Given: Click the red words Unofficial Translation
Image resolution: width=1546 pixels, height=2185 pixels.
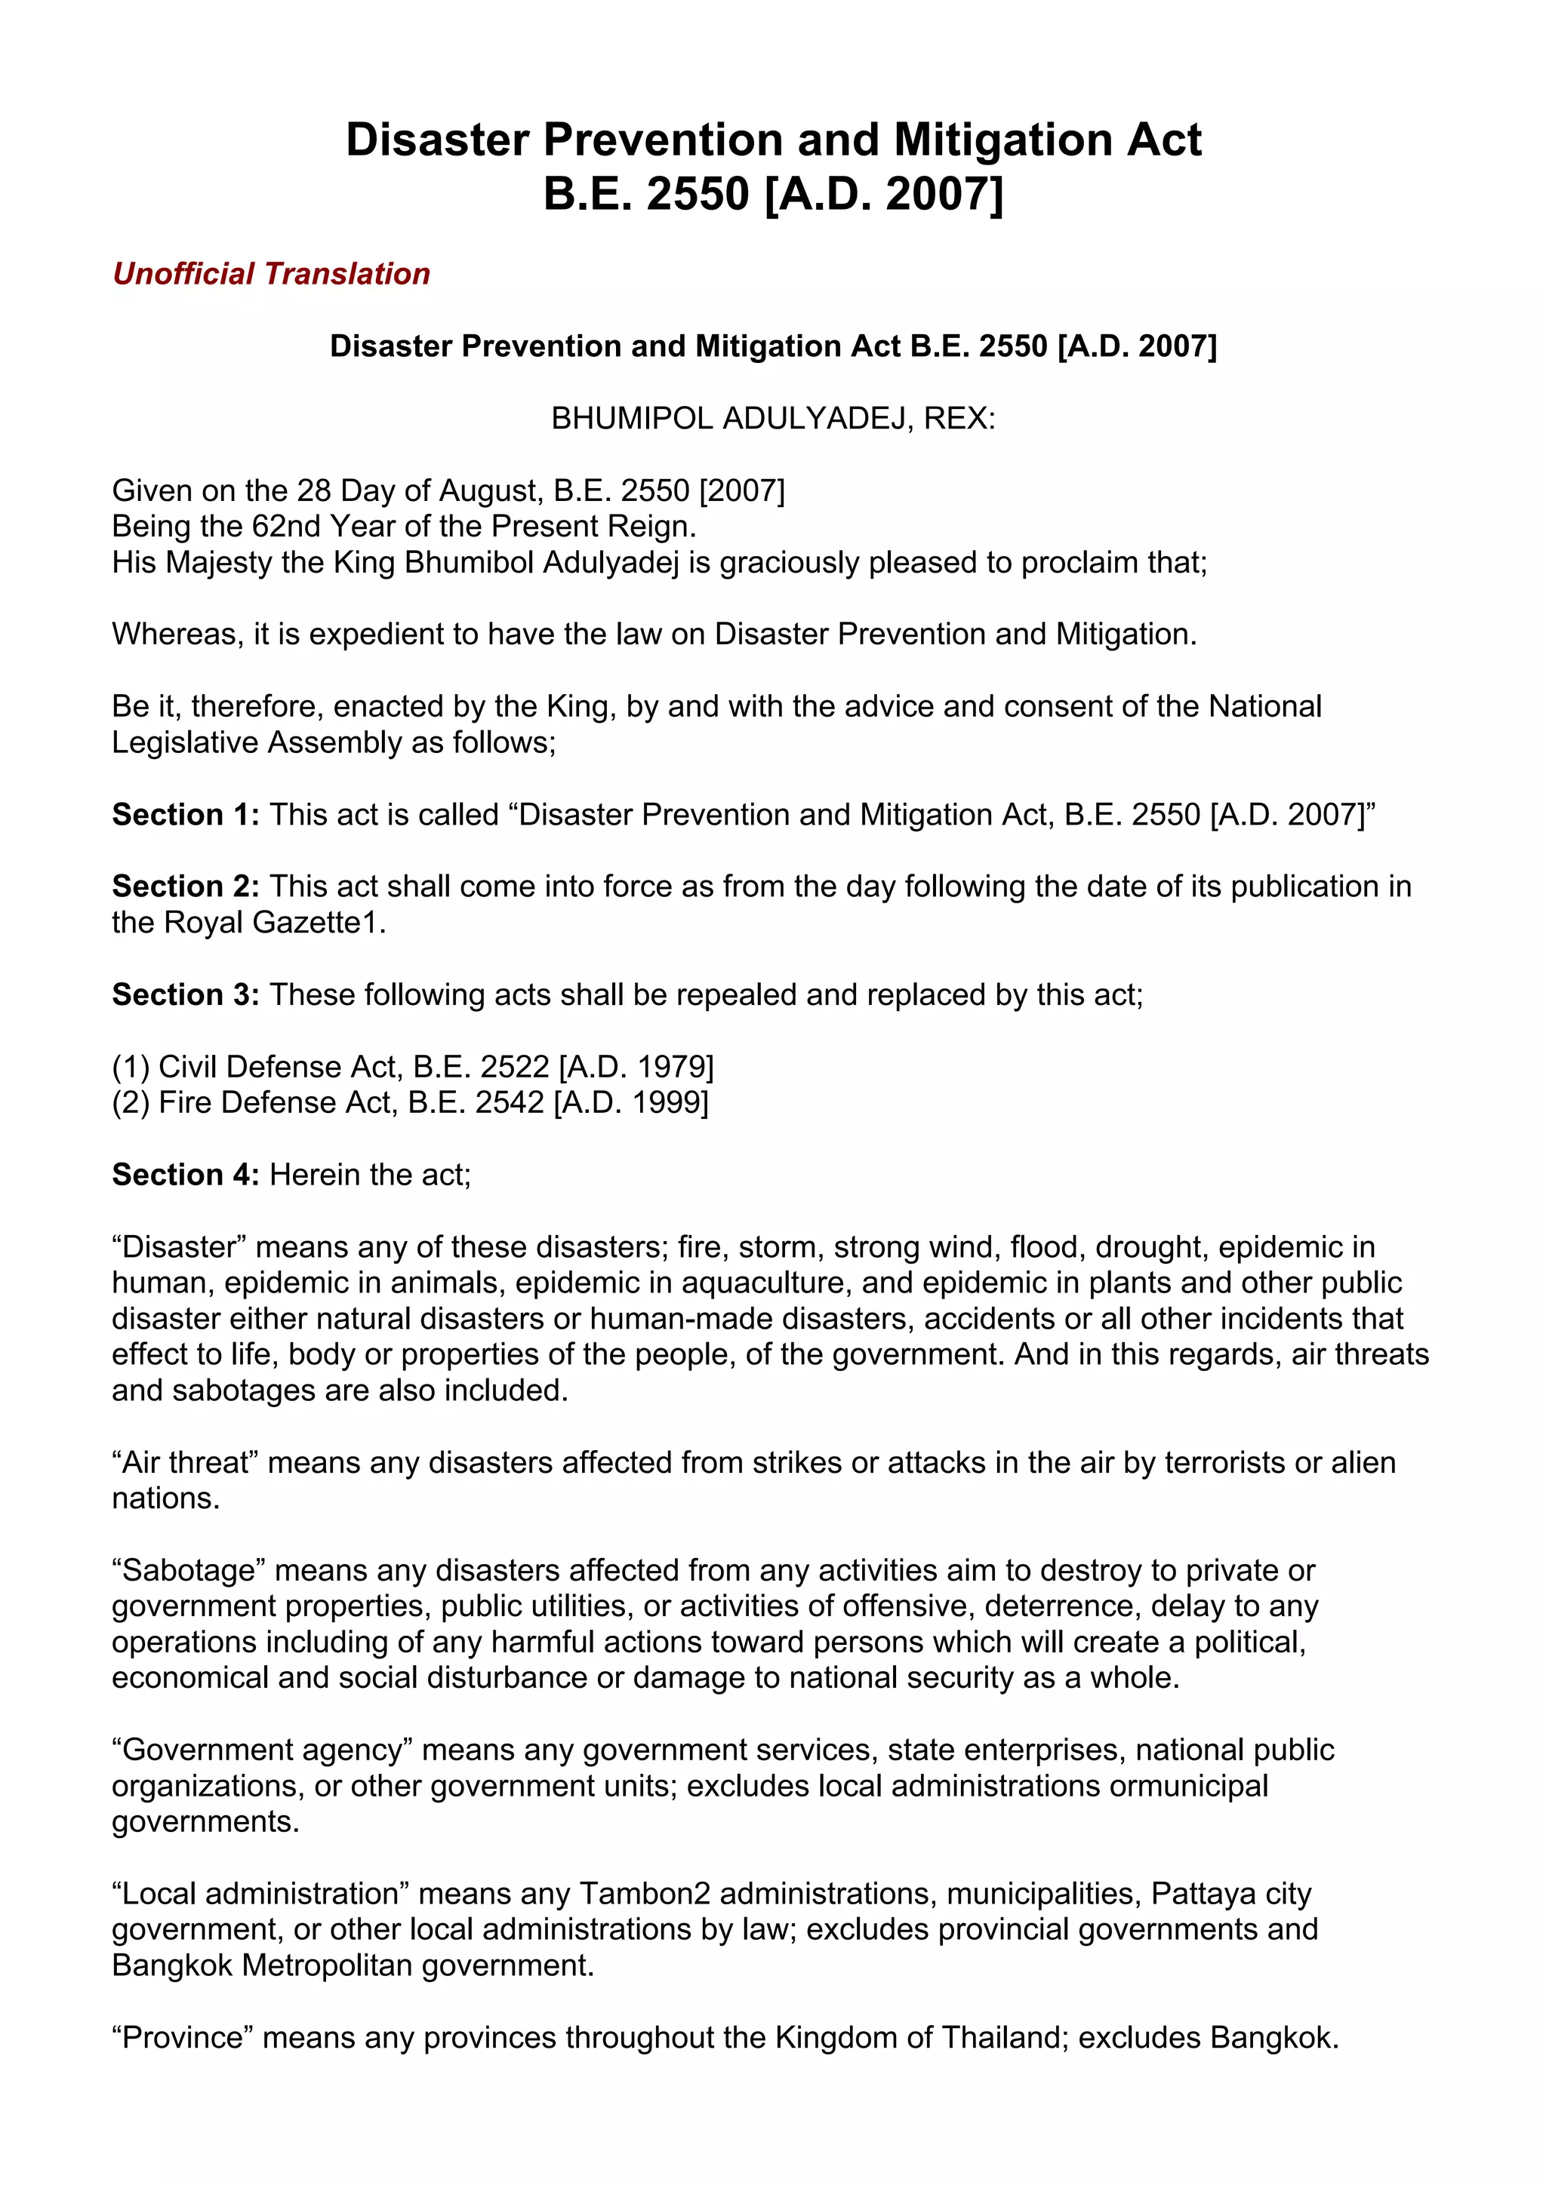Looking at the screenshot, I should pyautogui.click(x=271, y=274).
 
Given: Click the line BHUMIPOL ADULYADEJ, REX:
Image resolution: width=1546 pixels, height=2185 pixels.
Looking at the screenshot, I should pyautogui.click(x=773, y=419).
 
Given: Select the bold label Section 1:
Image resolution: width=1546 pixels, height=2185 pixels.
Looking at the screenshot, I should pyautogui.click(x=186, y=815).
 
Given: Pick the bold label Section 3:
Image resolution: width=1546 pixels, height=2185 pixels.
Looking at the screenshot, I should pyautogui.click(x=186, y=994).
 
